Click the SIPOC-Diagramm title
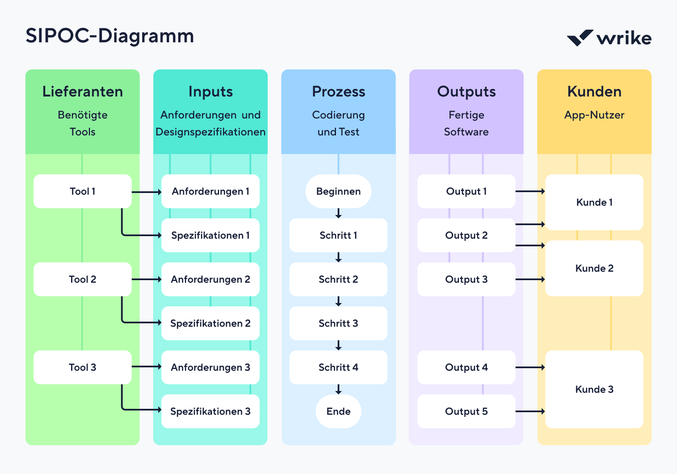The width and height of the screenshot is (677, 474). pyautogui.click(x=110, y=36)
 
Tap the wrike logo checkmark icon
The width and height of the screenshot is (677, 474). pyautogui.click(x=580, y=38)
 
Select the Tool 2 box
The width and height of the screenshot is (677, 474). pyautogui.click(x=83, y=279)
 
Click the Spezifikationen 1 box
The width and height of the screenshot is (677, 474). pyautogui.click(x=210, y=235)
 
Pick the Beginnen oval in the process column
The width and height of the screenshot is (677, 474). pyautogui.click(x=338, y=191)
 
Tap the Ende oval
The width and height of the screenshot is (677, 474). pyautogui.click(x=338, y=411)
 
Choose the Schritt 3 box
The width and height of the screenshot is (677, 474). pyautogui.click(x=338, y=323)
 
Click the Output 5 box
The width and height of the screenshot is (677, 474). pyautogui.click(x=466, y=411)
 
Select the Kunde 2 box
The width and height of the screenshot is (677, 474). pyautogui.click(x=594, y=268)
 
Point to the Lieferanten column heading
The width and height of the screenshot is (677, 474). pyautogui.click(x=83, y=91)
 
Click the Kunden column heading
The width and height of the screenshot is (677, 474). pyautogui.click(x=594, y=91)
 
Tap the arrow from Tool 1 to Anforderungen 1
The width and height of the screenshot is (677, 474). pyautogui.click(x=146, y=192)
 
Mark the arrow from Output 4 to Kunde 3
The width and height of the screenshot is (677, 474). pyautogui.click(x=530, y=367)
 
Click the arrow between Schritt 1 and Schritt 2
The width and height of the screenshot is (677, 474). pyautogui.click(x=338, y=257)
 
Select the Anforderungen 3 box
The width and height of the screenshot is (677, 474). pyautogui.click(x=210, y=367)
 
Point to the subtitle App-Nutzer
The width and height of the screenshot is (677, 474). pyautogui.click(x=594, y=115)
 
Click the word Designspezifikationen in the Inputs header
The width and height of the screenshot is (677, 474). pyautogui.click(x=210, y=132)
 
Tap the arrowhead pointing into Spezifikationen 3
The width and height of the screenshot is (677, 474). pyautogui.click(x=159, y=410)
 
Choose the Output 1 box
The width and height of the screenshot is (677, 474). pyautogui.click(x=466, y=191)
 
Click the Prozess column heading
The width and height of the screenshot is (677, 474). pyautogui.click(x=338, y=91)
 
